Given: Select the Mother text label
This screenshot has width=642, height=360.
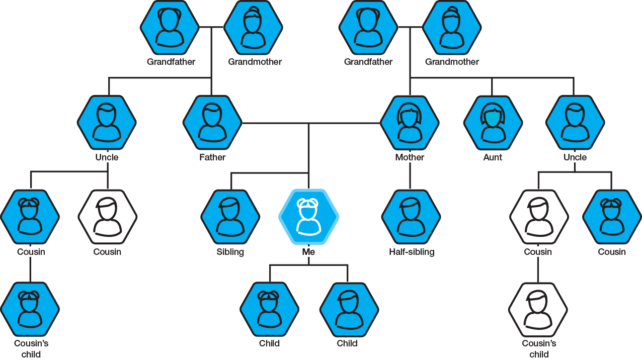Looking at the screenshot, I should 410,157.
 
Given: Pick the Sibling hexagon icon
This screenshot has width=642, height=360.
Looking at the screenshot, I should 230,217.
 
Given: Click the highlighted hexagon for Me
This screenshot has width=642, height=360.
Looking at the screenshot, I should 308,217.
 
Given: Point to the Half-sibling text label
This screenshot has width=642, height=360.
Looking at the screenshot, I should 412,252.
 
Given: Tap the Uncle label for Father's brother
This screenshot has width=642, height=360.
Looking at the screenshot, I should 107,157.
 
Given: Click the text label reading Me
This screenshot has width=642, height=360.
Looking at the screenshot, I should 308,252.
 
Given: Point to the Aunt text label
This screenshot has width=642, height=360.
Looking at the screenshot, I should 493,157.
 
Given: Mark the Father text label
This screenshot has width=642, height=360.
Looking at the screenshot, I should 212,157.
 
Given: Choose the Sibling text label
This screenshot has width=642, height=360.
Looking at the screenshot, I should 230,252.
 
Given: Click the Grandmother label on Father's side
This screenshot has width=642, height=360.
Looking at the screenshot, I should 255,62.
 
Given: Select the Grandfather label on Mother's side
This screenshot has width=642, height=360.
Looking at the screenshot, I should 368,62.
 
